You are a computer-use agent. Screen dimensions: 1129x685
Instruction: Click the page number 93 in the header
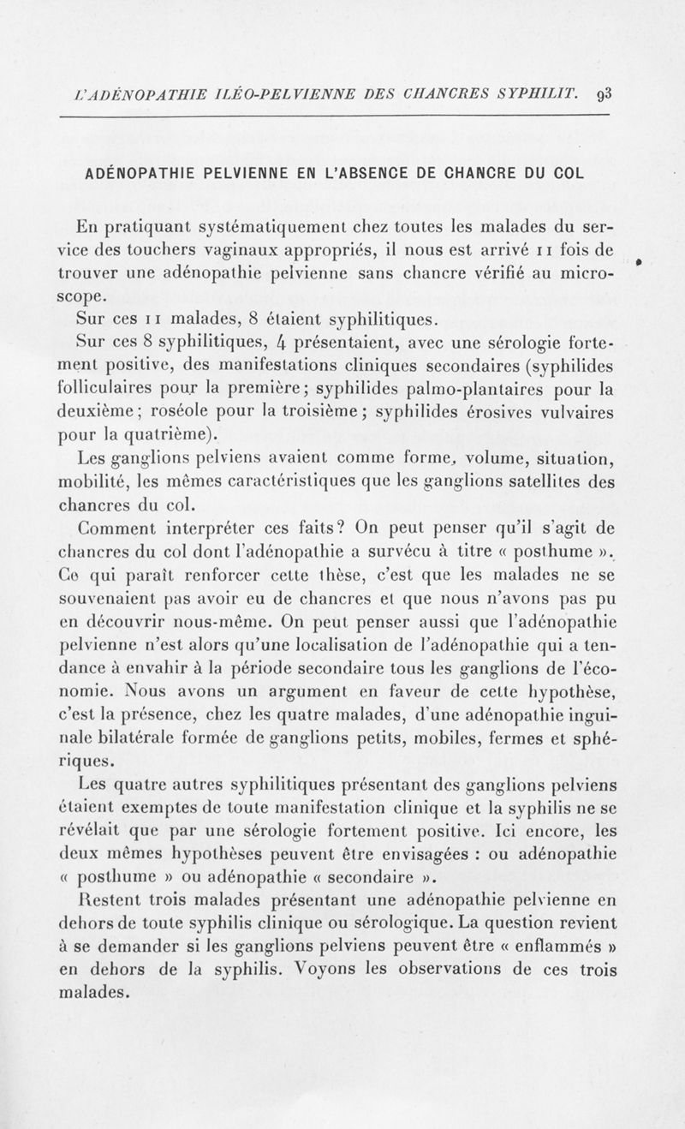pyautogui.click(x=599, y=93)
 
